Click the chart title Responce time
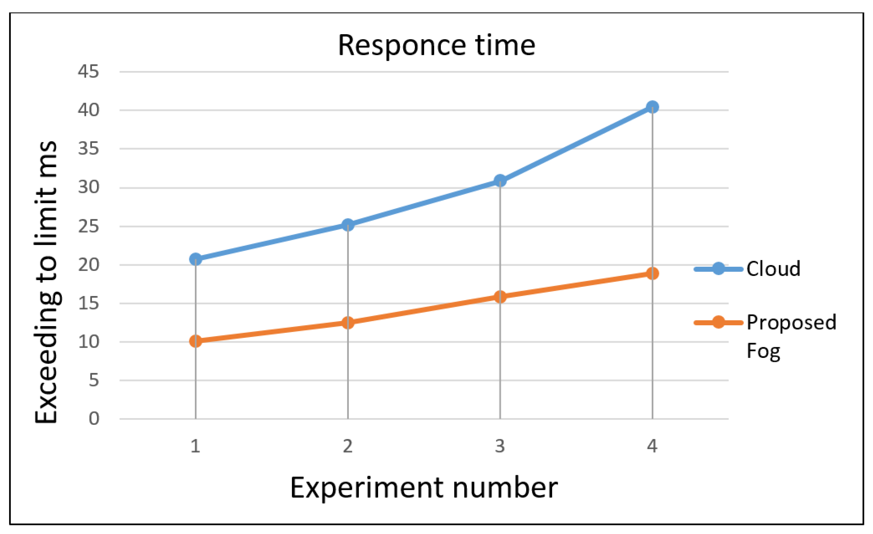(x=436, y=46)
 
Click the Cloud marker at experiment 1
(x=195, y=259)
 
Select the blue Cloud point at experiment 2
(x=348, y=224)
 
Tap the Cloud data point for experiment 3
(x=500, y=181)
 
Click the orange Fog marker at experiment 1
(x=195, y=341)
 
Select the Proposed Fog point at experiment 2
(x=348, y=322)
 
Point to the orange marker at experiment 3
(x=500, y=296)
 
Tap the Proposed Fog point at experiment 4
(x=652, y=273)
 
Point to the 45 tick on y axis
(x=88, y=72)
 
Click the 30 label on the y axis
(x=88, y=187)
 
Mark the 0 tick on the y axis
(x=94, y=419)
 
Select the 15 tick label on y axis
(x=88, y=303)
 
